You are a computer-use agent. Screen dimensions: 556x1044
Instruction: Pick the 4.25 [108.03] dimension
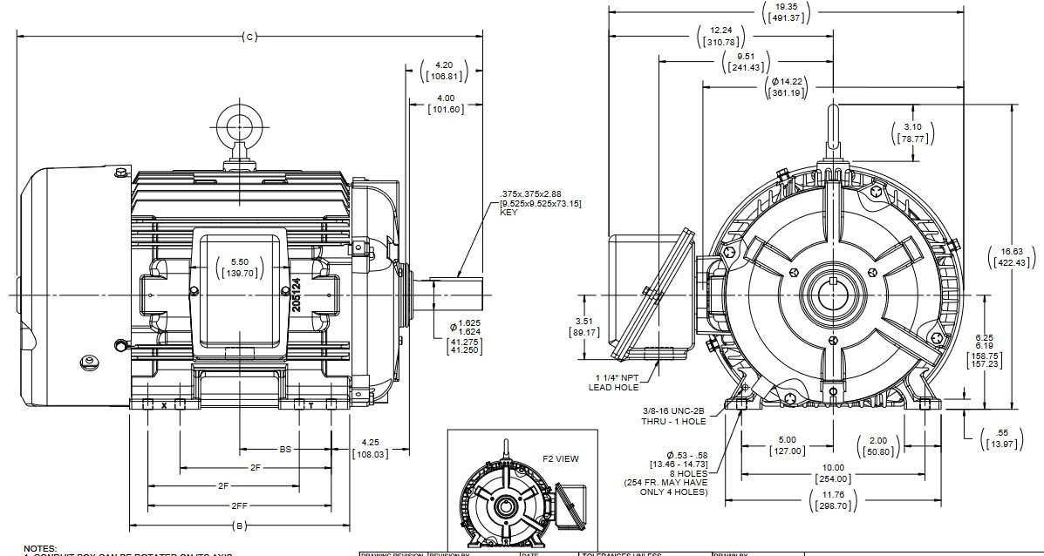click(369, 448)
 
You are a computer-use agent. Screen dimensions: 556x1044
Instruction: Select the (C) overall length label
click(249, 37)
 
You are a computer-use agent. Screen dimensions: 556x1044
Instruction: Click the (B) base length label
click(241, 525)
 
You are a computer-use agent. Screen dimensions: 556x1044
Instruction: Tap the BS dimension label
click(285, 450)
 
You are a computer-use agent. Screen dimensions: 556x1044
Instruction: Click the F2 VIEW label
click(561, 458)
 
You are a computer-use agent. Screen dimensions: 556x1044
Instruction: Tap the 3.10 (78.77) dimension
click(913, 132)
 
